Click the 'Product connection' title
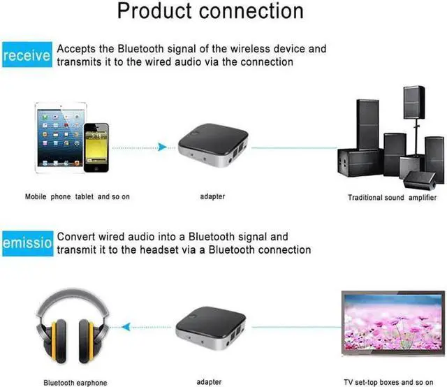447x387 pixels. pos(210,12)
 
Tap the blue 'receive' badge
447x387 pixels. pos(26,56)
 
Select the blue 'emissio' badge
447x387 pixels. pos(26,244)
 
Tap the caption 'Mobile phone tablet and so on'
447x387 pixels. pos(78,197)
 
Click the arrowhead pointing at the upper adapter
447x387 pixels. pos(162,147)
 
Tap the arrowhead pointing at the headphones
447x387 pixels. pos(124,326)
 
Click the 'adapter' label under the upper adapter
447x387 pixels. pos(212,197)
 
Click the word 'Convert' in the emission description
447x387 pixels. pos(77,238)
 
